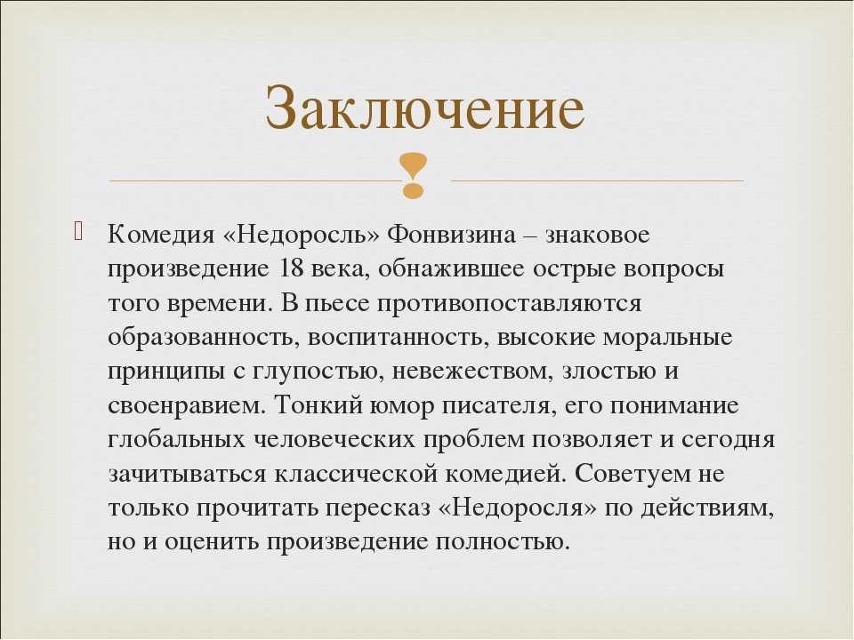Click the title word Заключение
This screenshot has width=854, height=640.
pyautogui.click(x=425, y=108)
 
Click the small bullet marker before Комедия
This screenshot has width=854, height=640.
pyautogui.click(x=78, y=231)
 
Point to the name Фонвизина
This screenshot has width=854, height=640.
pyautogui.click(x=451, y=235)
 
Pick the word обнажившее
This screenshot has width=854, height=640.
pyautogui.click(x=450, y=268)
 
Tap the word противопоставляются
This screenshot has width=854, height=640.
pyautogui.click(x=509, y=303)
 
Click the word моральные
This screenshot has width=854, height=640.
pyautogui.click(x=667, y=338)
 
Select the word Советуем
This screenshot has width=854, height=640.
pyautogui.click(x=630, y=474)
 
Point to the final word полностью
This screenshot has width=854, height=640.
pyautogui.click(x=502, y=542)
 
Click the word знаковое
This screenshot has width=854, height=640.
pyautogui.click(x=598, y=235)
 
